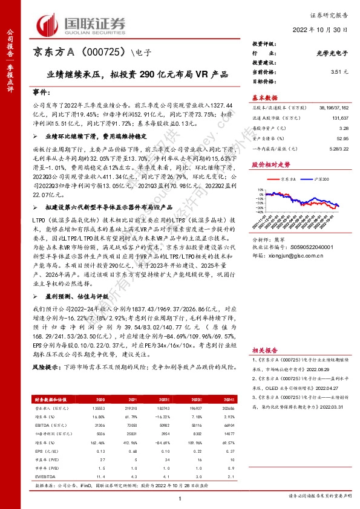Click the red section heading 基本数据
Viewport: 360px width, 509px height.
tap(264, 97)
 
